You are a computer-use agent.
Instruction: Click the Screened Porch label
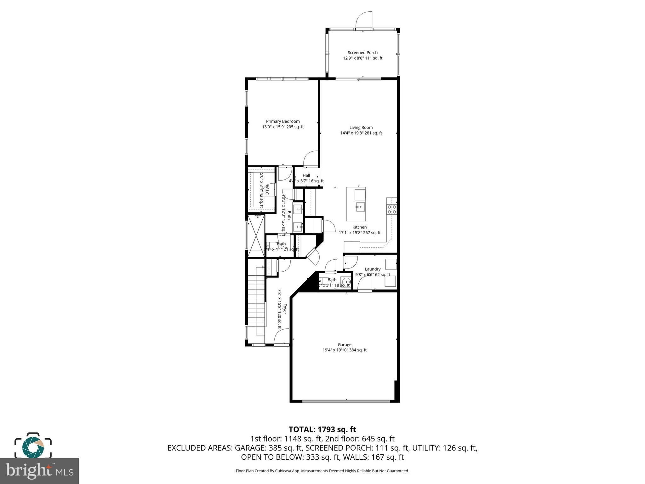(362, 53)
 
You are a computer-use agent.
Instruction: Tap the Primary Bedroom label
(283, 121)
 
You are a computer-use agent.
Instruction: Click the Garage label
(345, 344)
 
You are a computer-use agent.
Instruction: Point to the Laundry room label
(373, 269)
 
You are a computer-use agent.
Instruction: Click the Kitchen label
(359, 227)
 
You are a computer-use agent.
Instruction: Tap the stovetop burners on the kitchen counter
(392, 209)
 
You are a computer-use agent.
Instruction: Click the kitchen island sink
(360, 207)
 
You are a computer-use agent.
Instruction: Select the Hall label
(306, 176)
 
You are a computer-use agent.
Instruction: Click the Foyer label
(285, 309)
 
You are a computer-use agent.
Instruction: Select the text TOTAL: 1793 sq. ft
(322, 429)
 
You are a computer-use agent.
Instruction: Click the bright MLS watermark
(39, 471)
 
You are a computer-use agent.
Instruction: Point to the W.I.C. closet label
(267, 191)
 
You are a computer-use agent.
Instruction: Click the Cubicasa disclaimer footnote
(322, 471)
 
